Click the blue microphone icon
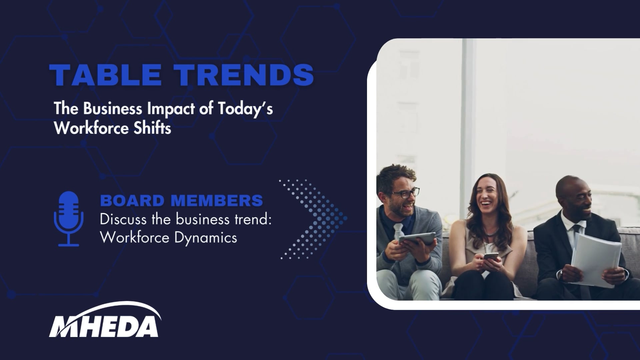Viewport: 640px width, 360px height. tap(69, 219)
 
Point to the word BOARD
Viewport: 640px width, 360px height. tap(132, 201)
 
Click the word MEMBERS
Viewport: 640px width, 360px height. tap(217, 201)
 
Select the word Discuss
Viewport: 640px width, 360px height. tap(123, 220)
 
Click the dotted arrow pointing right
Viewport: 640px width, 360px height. tap(313, 219)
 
